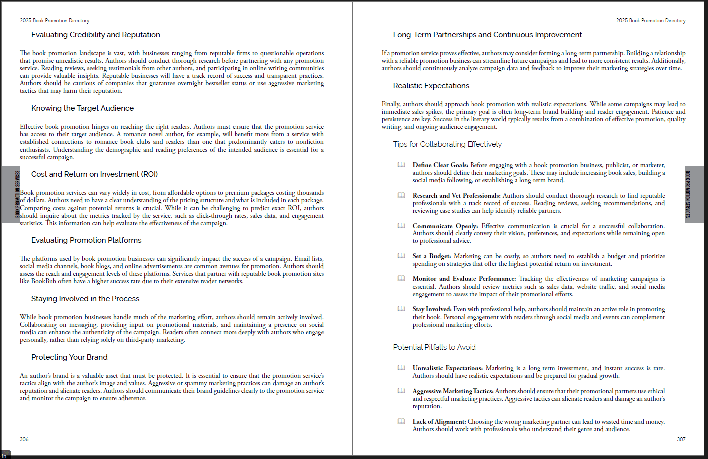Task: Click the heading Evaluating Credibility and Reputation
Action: pyautogui.click(x=96, y=35)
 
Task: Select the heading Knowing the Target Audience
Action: pyautogui.click(x=82, y=108)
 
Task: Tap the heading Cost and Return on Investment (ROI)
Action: pyautogui.click(x=94, y=174)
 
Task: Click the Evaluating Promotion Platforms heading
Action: pyautogui.click(x=86, y=240)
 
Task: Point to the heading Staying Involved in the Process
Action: pyautogui.click(x=85, y=299)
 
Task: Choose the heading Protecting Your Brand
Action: pyautogui.click(x=69, y=357)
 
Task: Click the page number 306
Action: pyautogui.click(x=24, y=439)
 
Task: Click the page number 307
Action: pyautogui.click(x=681, y=439)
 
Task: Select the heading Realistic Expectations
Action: pyautogui.click(x=431, y=86)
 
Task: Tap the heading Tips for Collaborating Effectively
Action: pyautogui.click(x=448, y=144)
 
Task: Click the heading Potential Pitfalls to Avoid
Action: pyautogui.click(x=434, y=347)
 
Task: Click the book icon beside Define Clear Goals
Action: pyautogui.click(x=401, y=165)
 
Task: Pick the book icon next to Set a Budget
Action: pyautogui.click(x=401, y=256)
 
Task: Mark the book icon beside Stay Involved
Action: pyautogui.click(x=401, y=309)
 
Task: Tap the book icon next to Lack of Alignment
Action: pyautogui.click(x=401, y=421)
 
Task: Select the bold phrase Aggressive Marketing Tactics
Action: pyautogui.click(x=453, y=391)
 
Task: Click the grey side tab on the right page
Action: pyautogui.click(x=694, y=194)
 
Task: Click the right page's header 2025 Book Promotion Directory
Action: pyautogui.click(x=651, y=21)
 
